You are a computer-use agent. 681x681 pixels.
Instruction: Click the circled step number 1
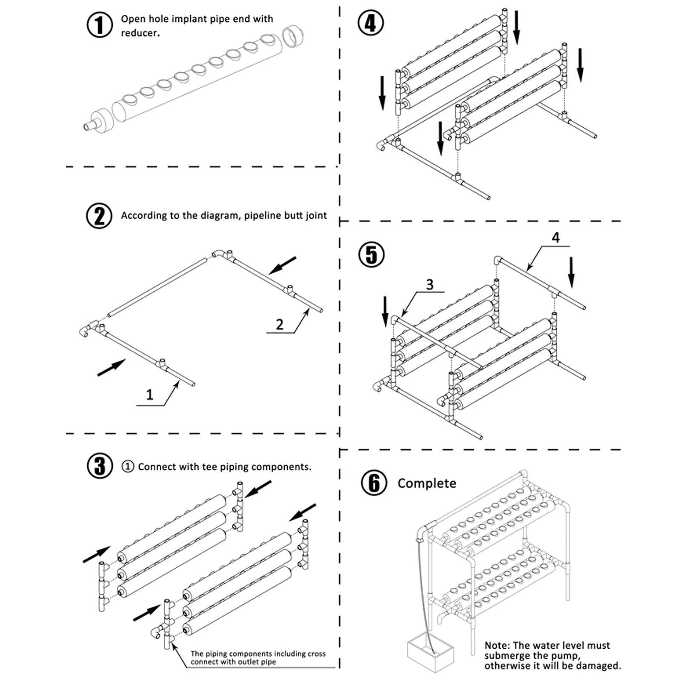[x=100, y=25]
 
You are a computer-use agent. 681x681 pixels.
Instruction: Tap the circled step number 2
[x=99, y=216]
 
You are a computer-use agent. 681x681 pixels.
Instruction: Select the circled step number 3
[x=100, y=466]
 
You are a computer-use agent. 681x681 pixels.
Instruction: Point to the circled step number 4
[x=370, y=23]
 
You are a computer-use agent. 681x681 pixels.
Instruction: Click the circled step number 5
[x=372, y=255]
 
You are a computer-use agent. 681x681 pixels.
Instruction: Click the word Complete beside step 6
[x=426, y=484]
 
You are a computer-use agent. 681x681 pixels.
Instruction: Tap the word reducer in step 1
[x=140, y=33]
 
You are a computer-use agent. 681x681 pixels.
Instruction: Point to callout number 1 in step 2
[x=149, y=395]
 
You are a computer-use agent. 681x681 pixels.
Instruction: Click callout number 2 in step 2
[x=280, y=324]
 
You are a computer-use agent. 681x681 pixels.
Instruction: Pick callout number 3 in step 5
[x=430, y=284]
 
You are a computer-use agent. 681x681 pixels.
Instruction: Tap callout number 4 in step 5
[x=555, y=237]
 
